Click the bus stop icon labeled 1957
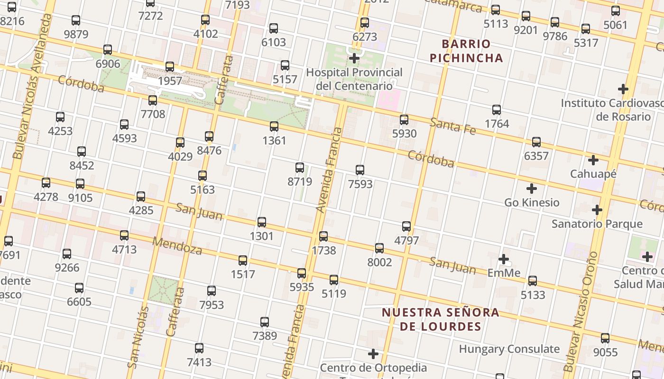coord(170,67)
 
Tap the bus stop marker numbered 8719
coord(300,167)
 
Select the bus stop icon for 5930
coord(404,120)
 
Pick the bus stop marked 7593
coord(360,170)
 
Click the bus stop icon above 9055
coord(605,338)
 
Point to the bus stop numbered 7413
coord(199,348)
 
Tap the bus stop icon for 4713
coord(124,235)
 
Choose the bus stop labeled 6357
coord(536,142)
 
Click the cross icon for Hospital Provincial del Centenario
coord(354,58)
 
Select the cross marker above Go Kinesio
coord(532,189)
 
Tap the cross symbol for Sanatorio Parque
coord(597,210)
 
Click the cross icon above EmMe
coord(504,259)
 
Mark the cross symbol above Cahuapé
coord(593,160)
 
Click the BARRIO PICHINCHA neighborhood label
coord(472,51)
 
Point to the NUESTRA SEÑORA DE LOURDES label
coord(440,319)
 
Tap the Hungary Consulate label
coord(509,349)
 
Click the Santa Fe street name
coord(452,126)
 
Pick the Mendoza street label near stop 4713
coord(177,245)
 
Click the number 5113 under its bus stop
coord(496,24)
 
